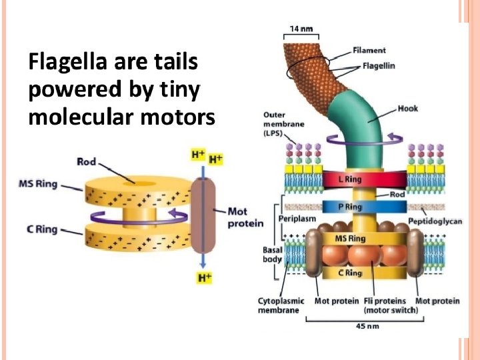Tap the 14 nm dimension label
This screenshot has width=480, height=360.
(301, 28)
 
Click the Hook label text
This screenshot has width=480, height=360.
(407, 108)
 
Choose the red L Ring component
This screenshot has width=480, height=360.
(352, 179)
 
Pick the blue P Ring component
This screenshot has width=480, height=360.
(350, 207)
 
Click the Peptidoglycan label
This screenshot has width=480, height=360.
(435, 221)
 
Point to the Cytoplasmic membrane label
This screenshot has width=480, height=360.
(281, 305)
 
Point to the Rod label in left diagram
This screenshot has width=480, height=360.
(87, 161)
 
